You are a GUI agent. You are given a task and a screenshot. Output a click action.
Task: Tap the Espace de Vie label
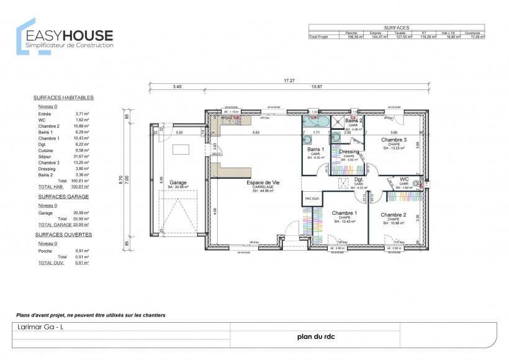tap(263, 182)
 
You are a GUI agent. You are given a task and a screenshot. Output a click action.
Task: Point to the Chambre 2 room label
tap(393, 214)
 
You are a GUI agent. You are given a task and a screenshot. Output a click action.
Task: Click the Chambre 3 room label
tap(393, 140)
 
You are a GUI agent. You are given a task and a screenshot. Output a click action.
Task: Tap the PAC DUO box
tap(311, 199)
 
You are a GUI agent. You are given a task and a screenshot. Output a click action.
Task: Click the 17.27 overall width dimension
tap(289, 81)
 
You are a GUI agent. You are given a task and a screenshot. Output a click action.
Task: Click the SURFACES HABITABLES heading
tap(63, 98)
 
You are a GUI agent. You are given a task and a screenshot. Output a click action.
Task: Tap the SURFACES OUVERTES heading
tap(63, 235)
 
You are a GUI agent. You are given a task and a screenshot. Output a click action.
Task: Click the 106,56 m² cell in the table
tap(354, 37)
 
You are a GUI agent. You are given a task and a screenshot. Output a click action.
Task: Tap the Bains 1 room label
tap(315, 150)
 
